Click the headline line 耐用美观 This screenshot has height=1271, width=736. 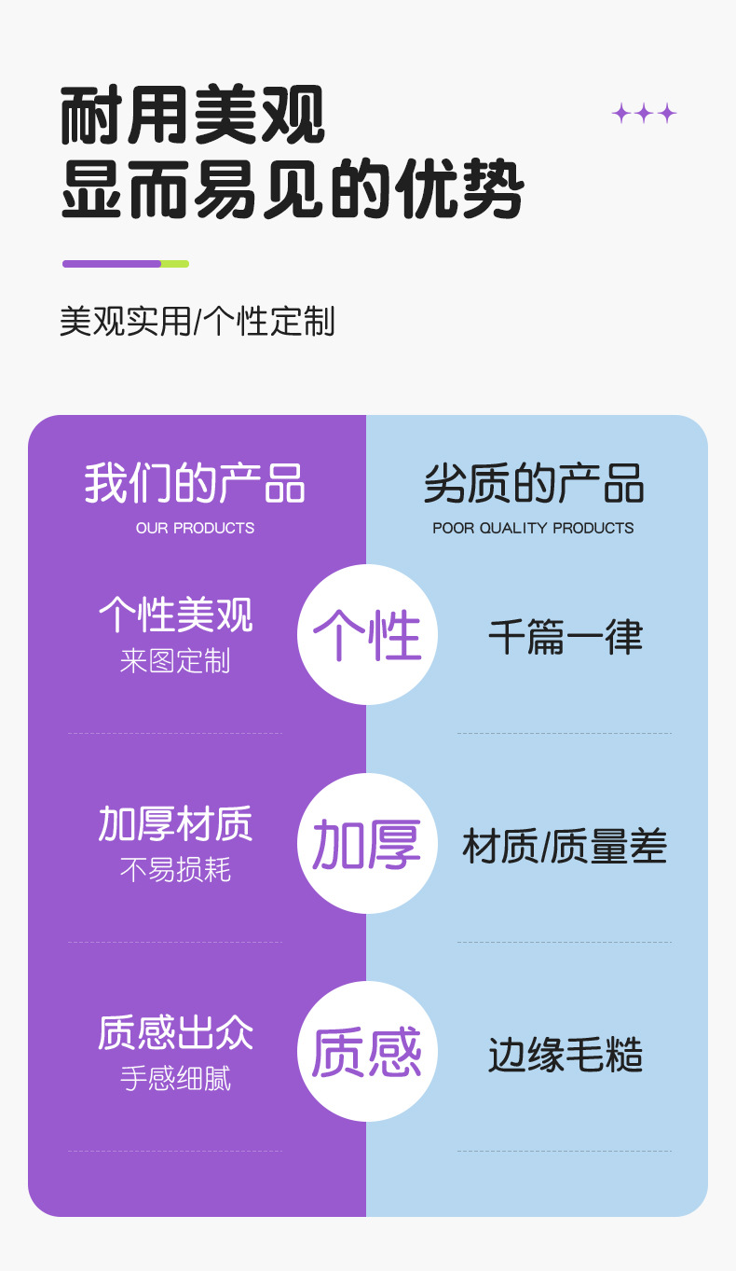pos(193,116)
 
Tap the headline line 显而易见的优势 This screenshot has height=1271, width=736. pos(292,190)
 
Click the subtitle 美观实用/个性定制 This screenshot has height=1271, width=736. pos(197,322)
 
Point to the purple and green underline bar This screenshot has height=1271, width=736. pos(126,264)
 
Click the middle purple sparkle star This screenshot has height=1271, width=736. pos(644,114)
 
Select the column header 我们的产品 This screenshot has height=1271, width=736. pos(195,484)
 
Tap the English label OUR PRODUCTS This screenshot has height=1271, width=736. pos(195,528)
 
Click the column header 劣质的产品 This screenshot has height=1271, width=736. pos(533,484)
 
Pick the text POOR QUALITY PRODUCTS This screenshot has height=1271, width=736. pos(533,528)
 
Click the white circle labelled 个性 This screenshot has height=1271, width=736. pos(367,635)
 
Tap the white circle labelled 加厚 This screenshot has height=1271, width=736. pos(367,843)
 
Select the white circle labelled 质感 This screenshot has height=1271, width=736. pos(367,1052)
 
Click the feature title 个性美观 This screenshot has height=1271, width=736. pos(175,615)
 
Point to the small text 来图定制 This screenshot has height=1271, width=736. pos(175,661)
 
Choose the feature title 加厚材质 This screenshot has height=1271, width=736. pos(175,824)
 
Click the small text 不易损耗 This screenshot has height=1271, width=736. pos(175,870)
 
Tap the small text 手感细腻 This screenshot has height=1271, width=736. pos(175,1079)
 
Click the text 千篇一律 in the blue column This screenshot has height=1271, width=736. pos(566,638)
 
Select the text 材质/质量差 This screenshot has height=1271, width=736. pos(565,847)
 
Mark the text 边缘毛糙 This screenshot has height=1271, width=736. pos(566,1056)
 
